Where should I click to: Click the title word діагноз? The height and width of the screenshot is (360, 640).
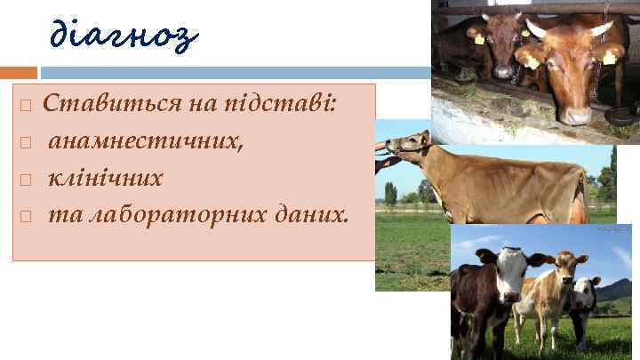(124, 36)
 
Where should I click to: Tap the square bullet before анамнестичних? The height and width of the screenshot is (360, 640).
(26, 143)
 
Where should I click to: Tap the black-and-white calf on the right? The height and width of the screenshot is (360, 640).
(584, 302)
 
